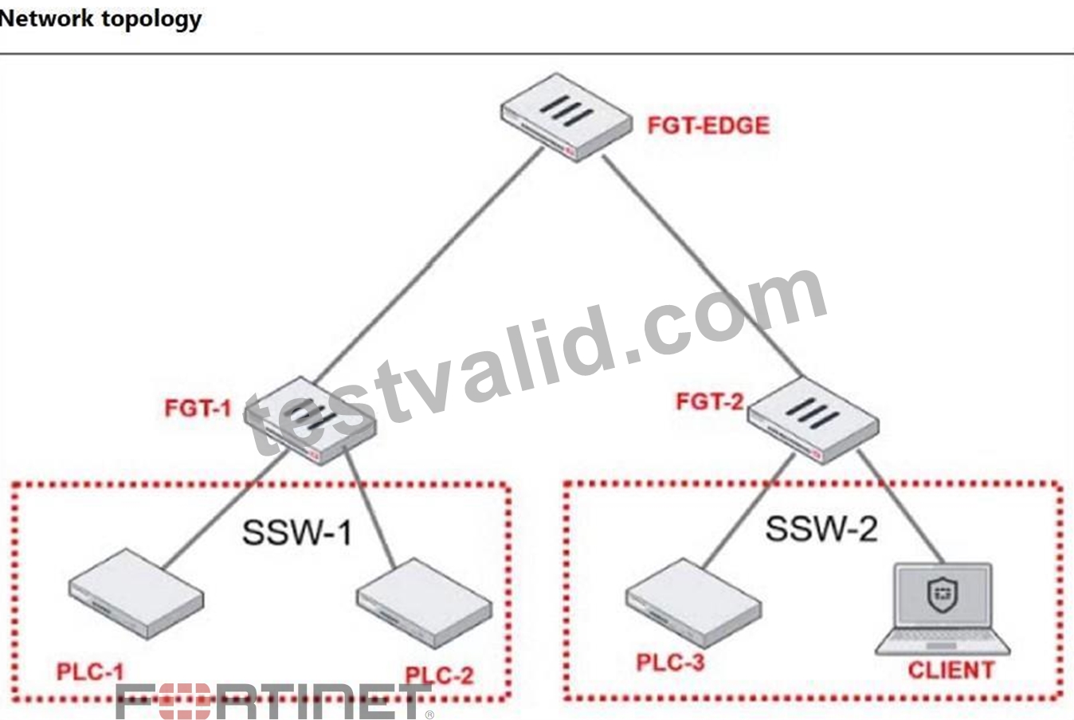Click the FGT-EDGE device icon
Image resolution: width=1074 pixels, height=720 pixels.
click(566, 117)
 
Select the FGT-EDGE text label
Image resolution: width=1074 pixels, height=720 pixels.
click(708, 126)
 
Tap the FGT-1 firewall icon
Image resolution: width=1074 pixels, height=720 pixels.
click(310, 421)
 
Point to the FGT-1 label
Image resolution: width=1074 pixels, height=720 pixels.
click(198, 409)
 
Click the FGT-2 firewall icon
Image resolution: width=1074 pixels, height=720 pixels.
click(813, 420)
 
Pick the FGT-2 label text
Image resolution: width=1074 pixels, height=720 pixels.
click(710, 401)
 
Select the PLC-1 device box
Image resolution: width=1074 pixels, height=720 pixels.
click(136, 594)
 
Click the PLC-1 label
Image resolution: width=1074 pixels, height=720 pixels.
click(90, 671)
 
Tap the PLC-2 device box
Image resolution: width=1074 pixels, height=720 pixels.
click(425, 604)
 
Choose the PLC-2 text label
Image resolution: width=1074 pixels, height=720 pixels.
click(439, 675)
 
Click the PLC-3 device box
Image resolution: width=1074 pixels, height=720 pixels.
click(693, 603)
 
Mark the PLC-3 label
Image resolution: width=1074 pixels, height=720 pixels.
click(670, 663)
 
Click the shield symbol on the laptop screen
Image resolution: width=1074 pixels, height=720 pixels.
click(943, 595)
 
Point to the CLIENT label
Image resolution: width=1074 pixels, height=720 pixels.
click(951, 670)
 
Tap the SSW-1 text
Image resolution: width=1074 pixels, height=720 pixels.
click(297, 533)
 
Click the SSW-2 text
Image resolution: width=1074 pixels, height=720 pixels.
click(821, 529)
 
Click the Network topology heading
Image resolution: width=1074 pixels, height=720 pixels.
click(100, 19)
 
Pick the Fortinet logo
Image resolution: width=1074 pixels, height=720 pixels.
click(274, 702)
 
